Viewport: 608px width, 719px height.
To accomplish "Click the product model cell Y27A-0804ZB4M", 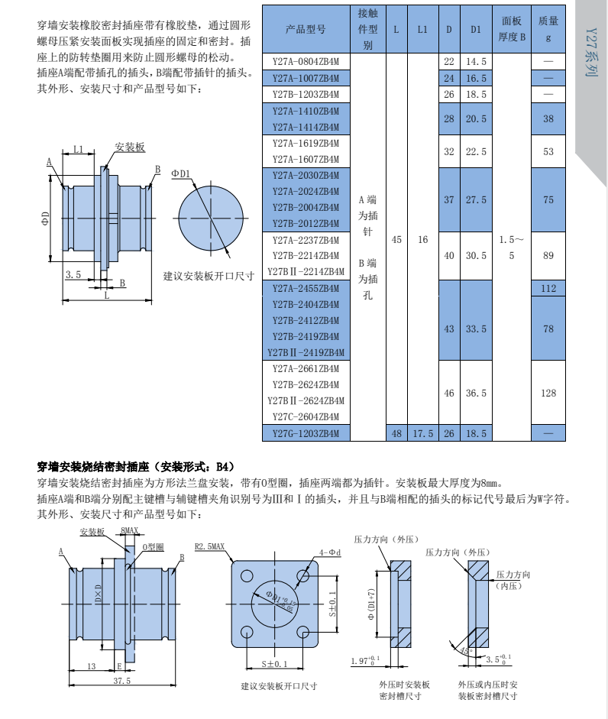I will pyautogui.click(x=306, y=61).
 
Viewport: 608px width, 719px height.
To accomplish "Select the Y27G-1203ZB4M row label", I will pyautogui.click(x=306, y=433).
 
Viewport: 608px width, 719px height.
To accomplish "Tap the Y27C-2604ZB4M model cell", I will pyautogui.click(x=306, y=417).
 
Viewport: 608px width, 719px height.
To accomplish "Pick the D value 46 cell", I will pyautogui.click(x=449, y=393).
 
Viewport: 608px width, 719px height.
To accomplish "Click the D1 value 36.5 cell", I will pyautogui.click(x=476, y=393).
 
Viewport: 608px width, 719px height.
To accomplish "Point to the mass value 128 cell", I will pyautogui.click(x=548, y=393).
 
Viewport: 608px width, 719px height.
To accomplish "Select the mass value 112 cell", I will pyautogui.click(x=548, y=288).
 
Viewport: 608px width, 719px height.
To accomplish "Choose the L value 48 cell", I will pyautogui.click(x=396, y=433).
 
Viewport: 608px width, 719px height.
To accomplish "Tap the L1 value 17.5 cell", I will pyautogui.click(x=422, y=433).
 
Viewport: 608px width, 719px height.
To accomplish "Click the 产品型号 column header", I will pyautogui.click(x=306, y=30).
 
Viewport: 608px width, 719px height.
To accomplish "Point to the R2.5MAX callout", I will pyautogui.click(x=210, y=547).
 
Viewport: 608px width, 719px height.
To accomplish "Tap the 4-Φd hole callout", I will pyautogui.click(x=329, y=551).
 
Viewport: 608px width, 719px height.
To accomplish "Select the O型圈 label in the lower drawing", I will pyautogui.click(x=154, y=547).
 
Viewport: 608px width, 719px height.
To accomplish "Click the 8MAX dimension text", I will pyautogui.click(x=130, y=530).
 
